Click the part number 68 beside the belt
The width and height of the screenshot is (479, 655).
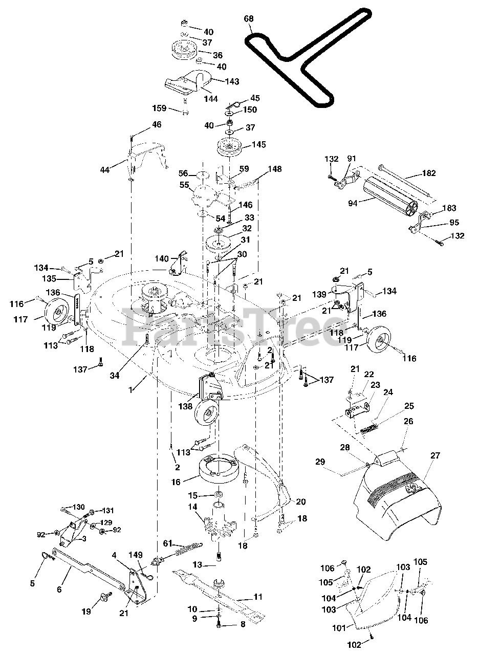point(249,19)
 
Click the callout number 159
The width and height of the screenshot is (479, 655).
point(160,108)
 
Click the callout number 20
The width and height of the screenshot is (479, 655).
point(301,501)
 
